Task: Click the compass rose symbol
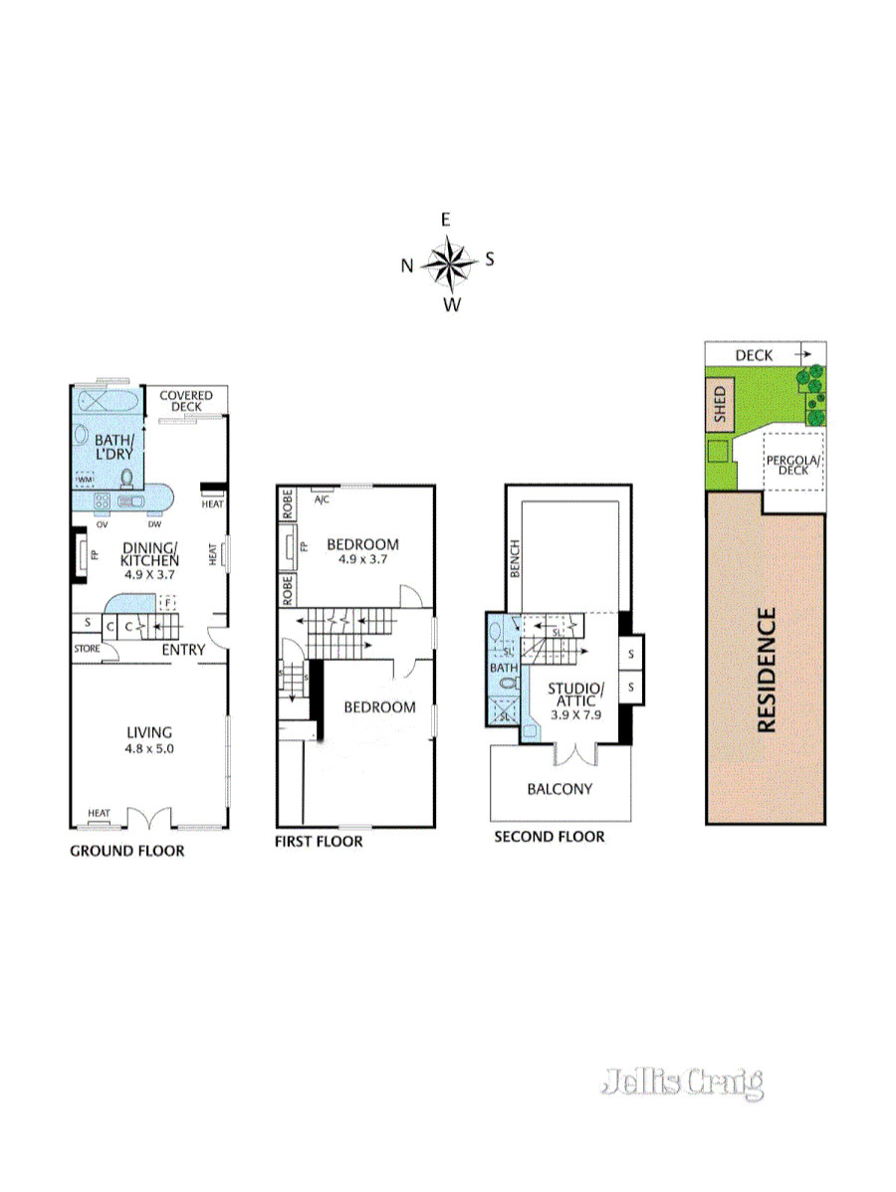450,263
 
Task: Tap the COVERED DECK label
186,401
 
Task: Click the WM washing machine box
85,480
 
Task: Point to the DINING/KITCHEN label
149,553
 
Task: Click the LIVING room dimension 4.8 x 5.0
149,748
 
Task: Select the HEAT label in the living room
99,814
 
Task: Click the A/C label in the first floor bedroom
322,499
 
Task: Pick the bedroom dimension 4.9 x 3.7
362,560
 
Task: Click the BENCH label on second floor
515,560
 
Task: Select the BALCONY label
560,789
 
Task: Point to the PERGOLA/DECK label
793,465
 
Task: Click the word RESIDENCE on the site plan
767,670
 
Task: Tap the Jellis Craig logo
683,1082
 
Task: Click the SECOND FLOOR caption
549,837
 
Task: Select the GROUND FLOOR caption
126,851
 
